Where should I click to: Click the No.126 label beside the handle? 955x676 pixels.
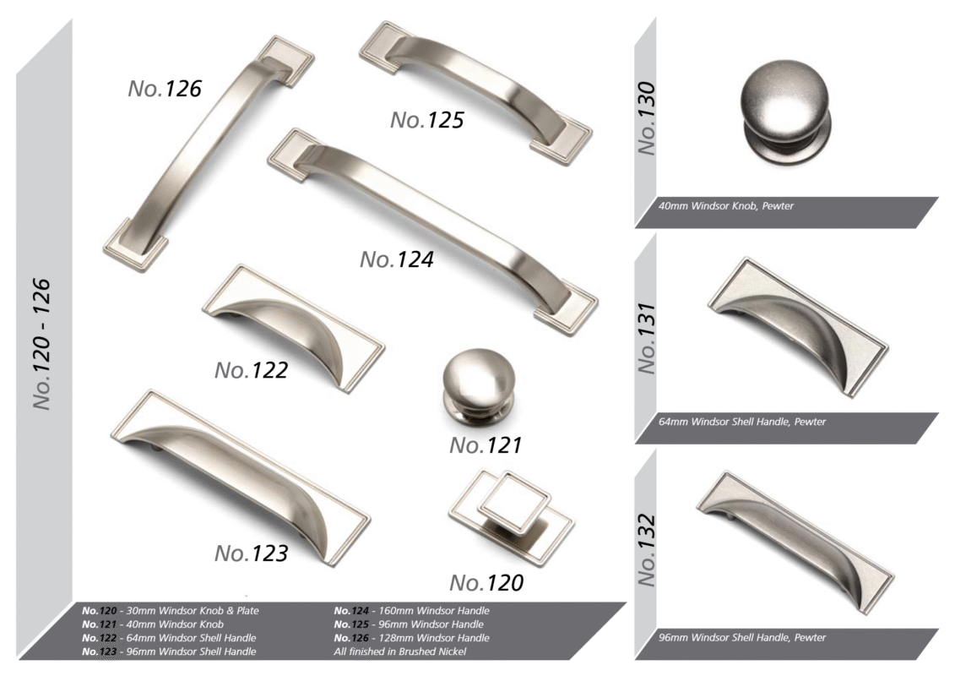[x=165, y=89]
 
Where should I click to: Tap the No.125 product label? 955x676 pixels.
[x=427, y=120]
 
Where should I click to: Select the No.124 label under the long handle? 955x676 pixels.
[x=397, y=259]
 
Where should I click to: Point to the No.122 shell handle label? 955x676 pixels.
[x=251, y=371]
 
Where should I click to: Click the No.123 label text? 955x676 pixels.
[x=251, y=553]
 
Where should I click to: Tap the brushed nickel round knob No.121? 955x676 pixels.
[x=479, y=387]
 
